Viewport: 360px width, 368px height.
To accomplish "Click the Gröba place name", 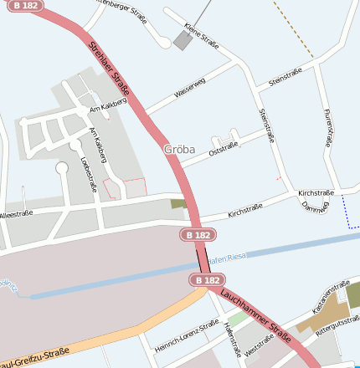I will point(179,150).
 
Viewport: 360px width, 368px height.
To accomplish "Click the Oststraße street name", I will point(224,148).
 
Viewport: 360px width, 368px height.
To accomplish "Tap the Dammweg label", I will point(316,206).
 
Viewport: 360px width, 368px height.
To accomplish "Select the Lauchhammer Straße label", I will point(256,317).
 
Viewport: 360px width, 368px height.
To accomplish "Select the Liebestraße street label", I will point(87,174).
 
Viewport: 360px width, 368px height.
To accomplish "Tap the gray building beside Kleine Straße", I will point(183,40).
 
